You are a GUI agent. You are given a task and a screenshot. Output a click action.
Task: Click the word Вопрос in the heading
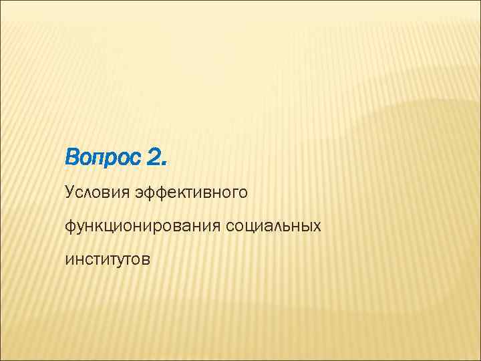coord(103,160)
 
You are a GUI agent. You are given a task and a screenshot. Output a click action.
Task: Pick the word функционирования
coord(142,226)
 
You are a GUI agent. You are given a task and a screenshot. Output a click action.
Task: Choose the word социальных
coord(274,225)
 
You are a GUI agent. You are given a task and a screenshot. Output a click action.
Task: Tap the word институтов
coord(108,258)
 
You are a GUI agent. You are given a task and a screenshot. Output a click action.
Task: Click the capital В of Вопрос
coord(72,160)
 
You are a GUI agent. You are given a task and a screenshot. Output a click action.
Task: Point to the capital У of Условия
coord(70,193)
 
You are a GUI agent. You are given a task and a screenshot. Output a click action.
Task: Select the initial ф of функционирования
coord(70,227)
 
